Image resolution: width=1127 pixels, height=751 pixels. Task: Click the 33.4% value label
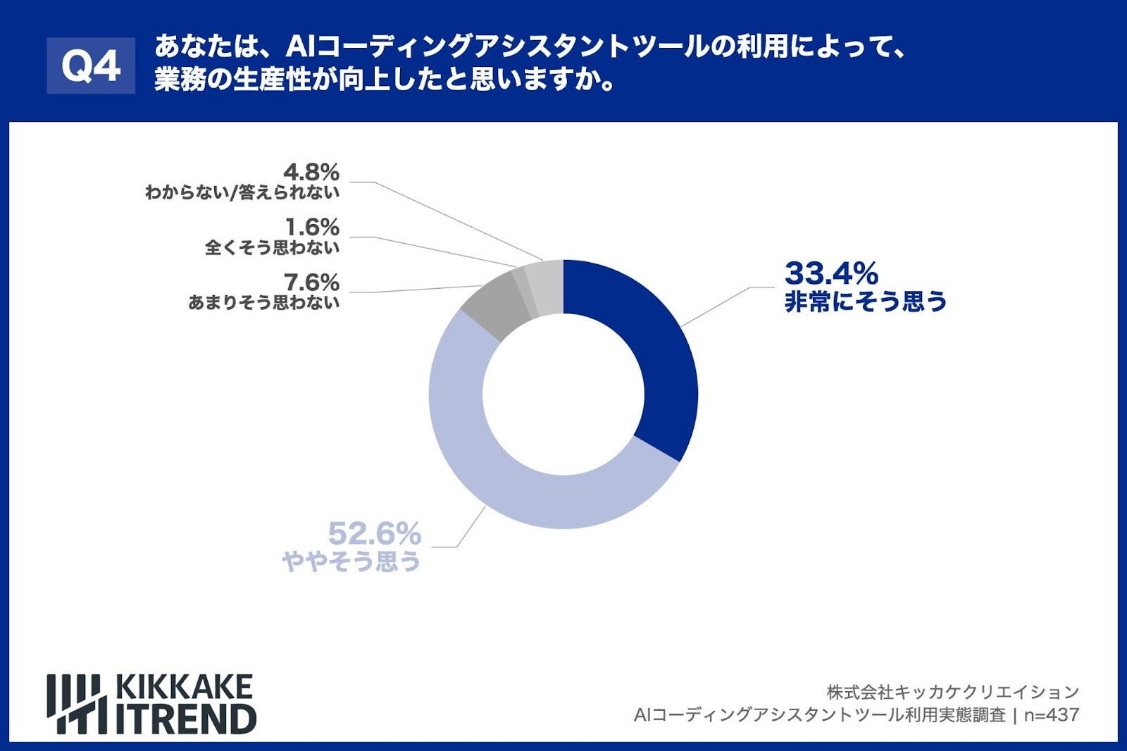click(x=831, y=273)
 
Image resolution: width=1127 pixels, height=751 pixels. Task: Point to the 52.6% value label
click(x=374, y=534)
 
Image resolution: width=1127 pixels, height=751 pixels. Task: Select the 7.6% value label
click(x=311, y=283)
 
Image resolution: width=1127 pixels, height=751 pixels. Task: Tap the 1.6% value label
click(x=311, y=227)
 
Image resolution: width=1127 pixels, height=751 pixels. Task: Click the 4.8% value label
click(x=311, y=172)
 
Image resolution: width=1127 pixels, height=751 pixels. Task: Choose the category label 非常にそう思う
click(x=866, y=302)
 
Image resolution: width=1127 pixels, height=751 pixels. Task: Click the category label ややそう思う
click(x=351, y=561)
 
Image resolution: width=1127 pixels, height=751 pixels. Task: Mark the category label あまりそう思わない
click(x=263, y=303)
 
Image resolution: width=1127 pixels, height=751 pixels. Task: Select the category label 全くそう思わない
click(x=272, y=248)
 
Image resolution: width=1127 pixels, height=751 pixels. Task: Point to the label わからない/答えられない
click(x=242, y=192)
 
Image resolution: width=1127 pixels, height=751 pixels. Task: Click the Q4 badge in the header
click(x=91, y=66)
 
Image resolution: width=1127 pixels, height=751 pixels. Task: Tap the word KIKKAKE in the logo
click(x=183, y=687)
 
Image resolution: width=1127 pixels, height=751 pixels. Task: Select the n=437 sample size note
click(x=1051, y=715)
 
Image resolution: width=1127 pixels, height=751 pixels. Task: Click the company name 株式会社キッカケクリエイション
click(x=952, y=692)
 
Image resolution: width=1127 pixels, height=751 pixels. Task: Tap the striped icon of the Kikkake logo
click(x=76, y=704)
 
